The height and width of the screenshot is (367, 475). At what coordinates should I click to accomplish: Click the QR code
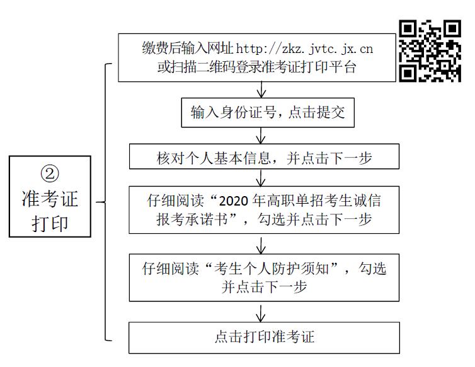(x=430, y=51)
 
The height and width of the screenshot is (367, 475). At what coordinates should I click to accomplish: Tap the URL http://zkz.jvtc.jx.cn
(x=304, y=49)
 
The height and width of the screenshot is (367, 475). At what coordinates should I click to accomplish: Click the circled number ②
(x=50, y=173)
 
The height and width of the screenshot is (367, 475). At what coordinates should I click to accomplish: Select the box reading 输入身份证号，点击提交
(x=268, y=112)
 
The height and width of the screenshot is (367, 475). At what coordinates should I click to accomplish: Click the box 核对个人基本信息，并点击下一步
(x=264, y=156)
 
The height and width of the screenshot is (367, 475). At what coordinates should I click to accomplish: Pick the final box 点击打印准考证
(x=264, y=337)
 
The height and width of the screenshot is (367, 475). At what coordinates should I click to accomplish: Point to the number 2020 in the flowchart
(x=234, y=201)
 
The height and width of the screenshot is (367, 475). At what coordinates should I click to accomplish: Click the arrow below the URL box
(x=261, y=90)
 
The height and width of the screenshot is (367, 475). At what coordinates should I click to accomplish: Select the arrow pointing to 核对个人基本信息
(x=261, y=136)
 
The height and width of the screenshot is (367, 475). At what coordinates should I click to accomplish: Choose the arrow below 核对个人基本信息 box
(x=261, y=178)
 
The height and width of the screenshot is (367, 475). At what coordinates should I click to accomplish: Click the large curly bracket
(x=105, y=202)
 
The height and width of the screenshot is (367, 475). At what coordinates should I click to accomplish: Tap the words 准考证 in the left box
(x=50, y=199)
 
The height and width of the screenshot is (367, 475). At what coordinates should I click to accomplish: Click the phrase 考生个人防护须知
(x=271, y=269)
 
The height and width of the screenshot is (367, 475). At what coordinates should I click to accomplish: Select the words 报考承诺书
(x=192, y=219)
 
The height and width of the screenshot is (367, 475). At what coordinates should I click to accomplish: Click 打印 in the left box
(x=50, y=223)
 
